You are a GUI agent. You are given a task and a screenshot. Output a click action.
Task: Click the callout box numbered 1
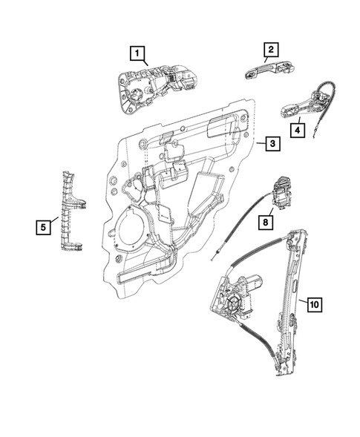click(x=137, y=53)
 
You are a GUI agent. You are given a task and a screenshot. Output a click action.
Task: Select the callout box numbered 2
click(x=271, y=50)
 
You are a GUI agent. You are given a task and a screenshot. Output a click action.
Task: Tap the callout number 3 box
click(x=273, y=144)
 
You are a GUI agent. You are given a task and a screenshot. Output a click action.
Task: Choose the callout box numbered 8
click(x=265, y=220)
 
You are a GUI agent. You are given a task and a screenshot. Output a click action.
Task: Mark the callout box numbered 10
click(x=313, y=303)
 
